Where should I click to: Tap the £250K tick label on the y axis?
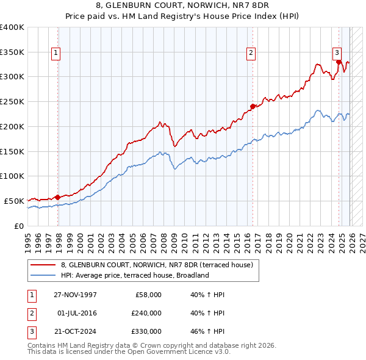point(12,101)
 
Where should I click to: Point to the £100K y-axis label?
point(12,176)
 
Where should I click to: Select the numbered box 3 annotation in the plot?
point(337,53)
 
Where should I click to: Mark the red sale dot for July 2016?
point(253,107)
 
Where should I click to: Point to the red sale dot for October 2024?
point(339,62)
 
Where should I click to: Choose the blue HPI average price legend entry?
point(134,275)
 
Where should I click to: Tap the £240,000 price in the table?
point(146,313)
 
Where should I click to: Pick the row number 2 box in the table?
point(31,313)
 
